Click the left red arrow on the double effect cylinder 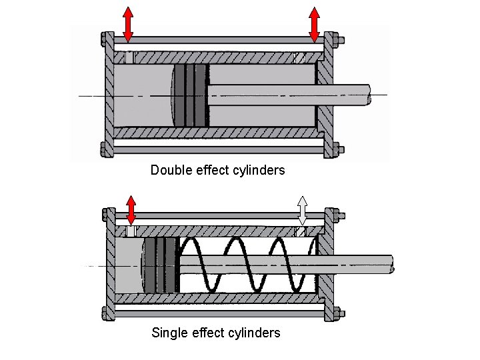pos(128,24)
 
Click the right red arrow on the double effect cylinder pos(315,24)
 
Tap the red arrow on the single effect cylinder pos(131,209)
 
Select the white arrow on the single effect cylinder pos(302,210)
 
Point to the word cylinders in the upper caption pos(259,170)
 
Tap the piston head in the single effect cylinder pos(161,265)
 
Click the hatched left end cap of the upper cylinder pos(107,93)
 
